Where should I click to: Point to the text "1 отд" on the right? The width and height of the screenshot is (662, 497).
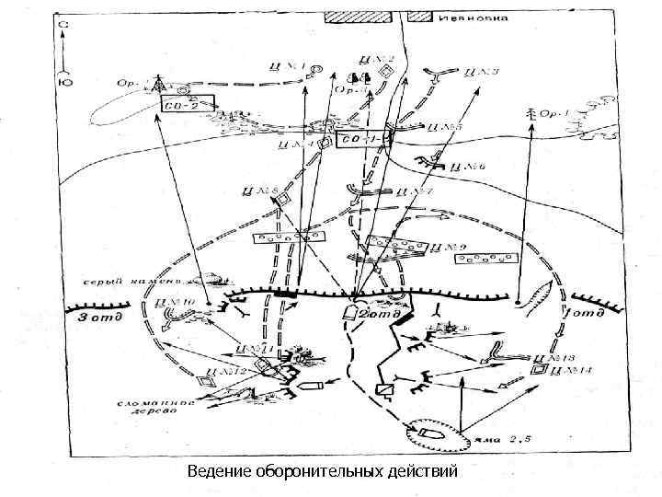586,315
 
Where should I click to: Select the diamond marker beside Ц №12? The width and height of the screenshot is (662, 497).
203,377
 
